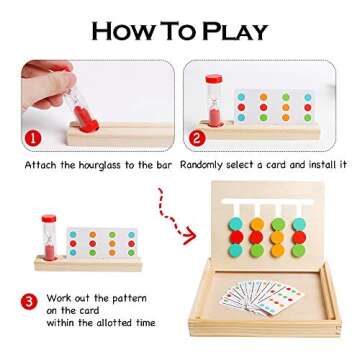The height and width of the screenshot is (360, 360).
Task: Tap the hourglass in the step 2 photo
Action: (x=213, y=98)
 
